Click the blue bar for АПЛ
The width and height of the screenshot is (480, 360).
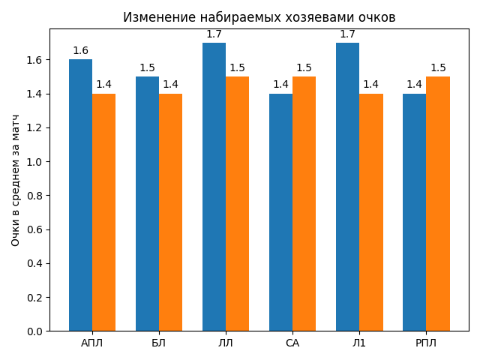(80, 195)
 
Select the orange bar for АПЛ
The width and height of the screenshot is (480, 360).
(103, 212)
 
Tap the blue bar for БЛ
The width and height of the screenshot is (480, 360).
(147, 203)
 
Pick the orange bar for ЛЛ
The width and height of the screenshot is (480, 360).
(237, 203)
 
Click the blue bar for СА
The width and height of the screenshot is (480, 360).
(280, 212)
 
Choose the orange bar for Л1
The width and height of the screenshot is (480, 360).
(371, 212)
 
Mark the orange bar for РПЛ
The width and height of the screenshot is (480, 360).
(438, 203)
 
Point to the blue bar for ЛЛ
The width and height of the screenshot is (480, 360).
(214, 187)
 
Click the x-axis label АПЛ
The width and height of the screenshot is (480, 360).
(92, 343)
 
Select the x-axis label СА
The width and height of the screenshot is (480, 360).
(292, 343)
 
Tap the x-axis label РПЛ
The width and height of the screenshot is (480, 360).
(426, 343)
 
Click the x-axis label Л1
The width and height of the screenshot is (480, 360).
(359, 343)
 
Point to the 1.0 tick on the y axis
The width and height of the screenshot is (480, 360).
(35, 162)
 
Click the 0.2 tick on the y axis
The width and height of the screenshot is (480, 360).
(35, 298)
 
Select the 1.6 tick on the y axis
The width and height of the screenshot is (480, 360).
(35, 60)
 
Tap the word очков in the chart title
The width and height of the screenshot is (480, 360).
(376, 17)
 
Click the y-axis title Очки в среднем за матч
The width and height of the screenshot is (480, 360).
(16, 181)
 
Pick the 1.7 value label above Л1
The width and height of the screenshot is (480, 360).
(347, 34)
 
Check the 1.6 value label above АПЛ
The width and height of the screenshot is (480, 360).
(80, 51)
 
